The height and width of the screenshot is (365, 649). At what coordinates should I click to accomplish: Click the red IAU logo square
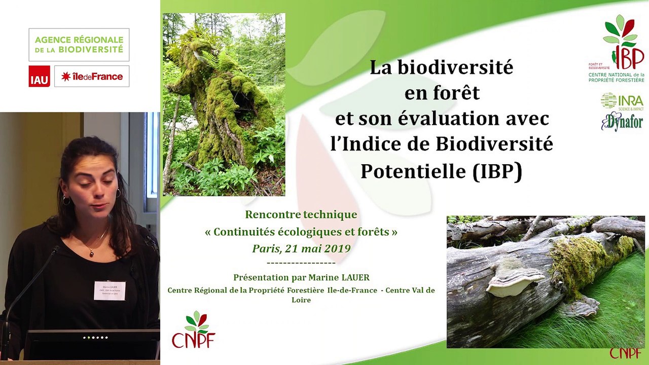(39, 76)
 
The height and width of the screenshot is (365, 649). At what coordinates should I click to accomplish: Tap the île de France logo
(92, 76)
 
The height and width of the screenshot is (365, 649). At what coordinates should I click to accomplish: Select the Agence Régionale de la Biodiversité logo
(79, 45)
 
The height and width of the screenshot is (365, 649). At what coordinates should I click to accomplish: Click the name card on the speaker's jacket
(110, 290)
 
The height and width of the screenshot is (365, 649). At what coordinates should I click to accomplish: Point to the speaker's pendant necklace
(92, 252)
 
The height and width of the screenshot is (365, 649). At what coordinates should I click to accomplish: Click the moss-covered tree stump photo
(224, 104)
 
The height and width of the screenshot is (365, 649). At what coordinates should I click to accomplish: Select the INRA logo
(622, 100)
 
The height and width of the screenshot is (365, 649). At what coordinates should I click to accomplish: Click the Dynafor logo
(622, 122)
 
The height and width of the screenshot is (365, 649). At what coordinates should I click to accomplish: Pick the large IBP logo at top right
(622, 48)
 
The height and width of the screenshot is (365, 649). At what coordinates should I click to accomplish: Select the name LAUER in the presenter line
(353, 277)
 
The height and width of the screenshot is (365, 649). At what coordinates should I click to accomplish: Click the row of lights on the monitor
(95, 337)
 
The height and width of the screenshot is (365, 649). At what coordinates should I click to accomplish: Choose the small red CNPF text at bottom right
(625, 353)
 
